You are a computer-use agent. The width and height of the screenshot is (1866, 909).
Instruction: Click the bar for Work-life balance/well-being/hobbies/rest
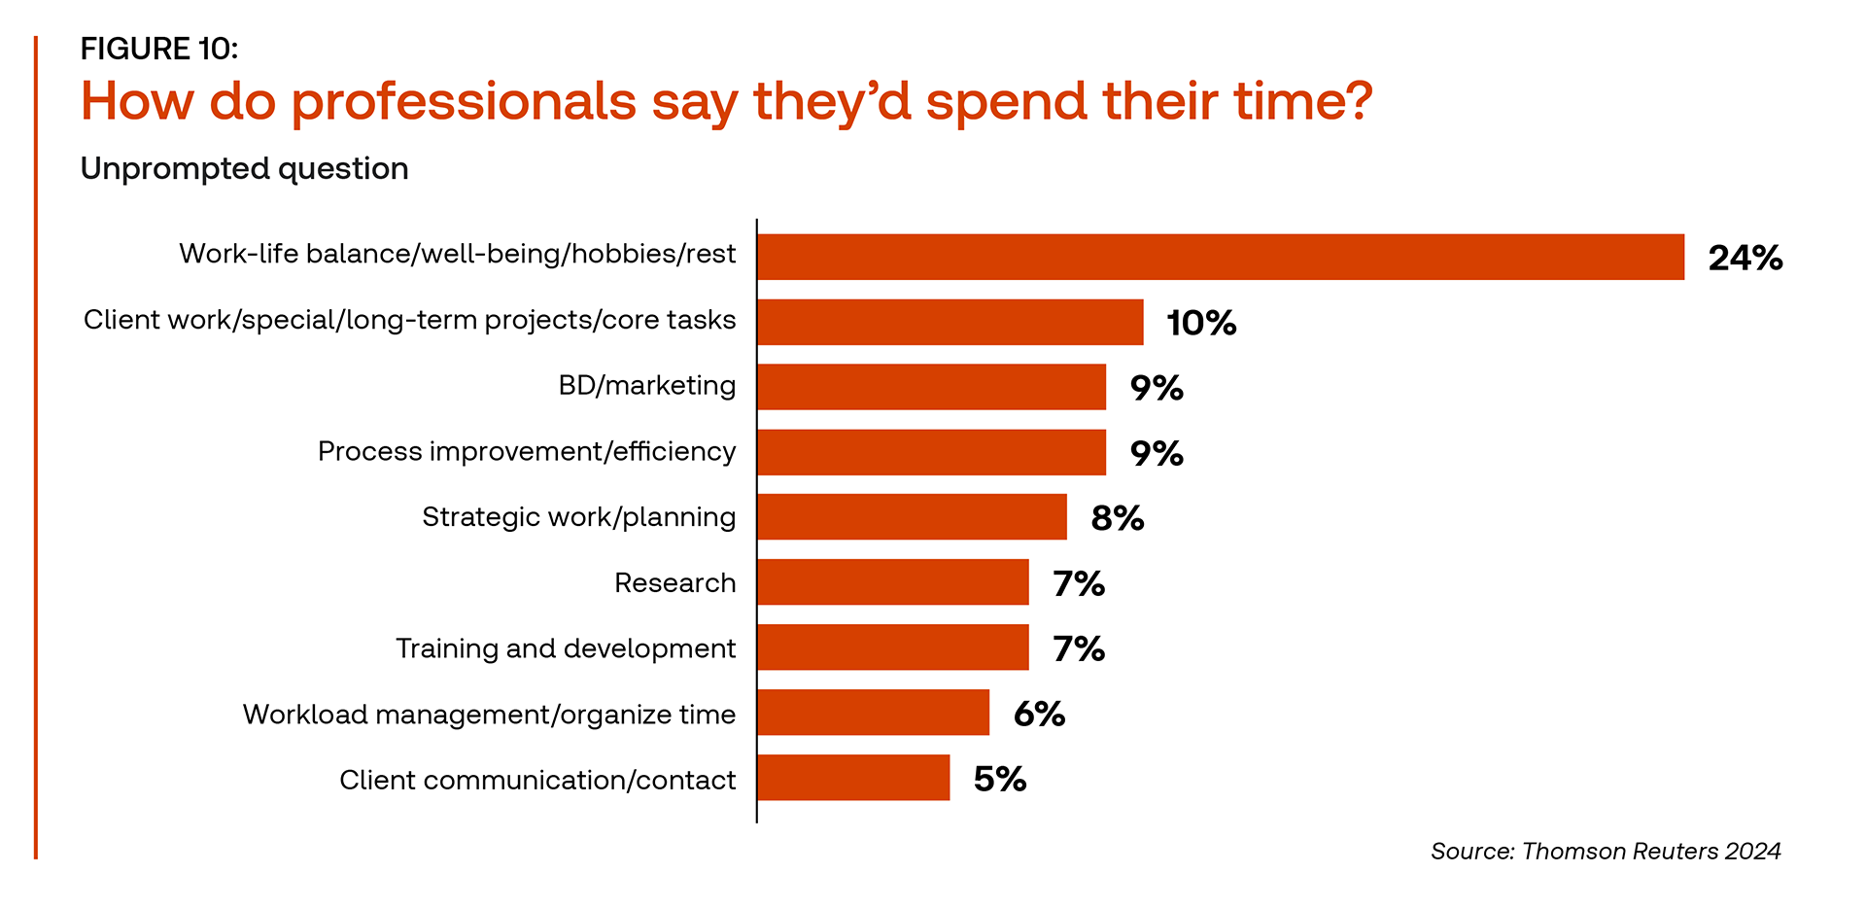point(1220,257)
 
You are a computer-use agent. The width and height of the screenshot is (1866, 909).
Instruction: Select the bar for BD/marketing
point(931,387)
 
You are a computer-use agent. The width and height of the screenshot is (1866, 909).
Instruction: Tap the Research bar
point(892,582)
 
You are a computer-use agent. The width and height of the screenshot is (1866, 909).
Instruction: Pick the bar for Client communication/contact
point(853,778)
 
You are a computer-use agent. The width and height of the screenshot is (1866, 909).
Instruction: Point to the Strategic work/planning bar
point(912,517)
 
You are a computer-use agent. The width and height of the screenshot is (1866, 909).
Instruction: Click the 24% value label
point(1745,258)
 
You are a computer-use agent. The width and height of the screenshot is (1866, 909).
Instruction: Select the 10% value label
point(1201,323)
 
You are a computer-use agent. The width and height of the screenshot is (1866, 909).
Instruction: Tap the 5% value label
point(1000,779)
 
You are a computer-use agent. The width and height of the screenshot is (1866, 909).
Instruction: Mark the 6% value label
point(1039,715)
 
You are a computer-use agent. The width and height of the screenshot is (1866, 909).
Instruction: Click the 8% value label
point(1117,518)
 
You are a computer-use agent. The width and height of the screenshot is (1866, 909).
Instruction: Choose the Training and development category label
point(566,648)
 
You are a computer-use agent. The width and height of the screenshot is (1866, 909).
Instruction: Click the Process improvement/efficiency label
point(527,452)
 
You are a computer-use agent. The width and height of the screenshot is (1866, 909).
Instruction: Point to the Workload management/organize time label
point(489,715)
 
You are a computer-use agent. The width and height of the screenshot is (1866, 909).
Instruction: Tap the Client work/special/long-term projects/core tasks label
point(409,320)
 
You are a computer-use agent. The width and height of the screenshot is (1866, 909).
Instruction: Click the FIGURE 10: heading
point(159,49)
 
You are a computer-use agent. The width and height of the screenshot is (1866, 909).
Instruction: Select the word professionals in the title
point(464,102)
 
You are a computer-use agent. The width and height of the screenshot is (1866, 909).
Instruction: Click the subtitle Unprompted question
point(244,168)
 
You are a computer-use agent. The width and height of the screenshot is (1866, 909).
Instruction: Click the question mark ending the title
point(1358,100)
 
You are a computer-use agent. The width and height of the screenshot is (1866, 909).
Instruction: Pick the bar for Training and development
point(892,647)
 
